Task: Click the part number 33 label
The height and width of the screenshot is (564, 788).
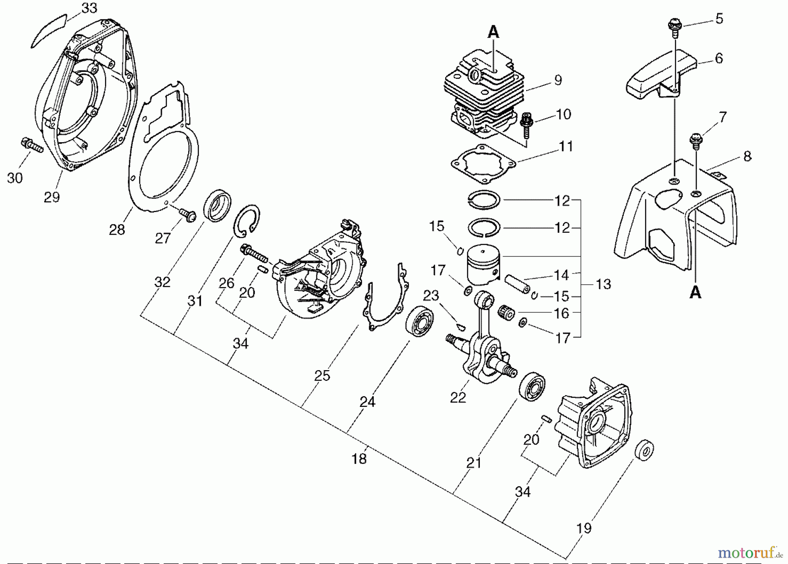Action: pos(89,8)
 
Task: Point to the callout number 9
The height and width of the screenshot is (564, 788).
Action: pos(558,81)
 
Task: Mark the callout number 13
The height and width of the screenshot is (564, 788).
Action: pos(603,284)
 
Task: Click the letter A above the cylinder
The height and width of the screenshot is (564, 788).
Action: pos(493,32)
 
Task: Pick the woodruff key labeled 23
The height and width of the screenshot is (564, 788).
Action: pos(460,325)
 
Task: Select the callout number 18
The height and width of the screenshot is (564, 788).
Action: pos(359,459)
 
